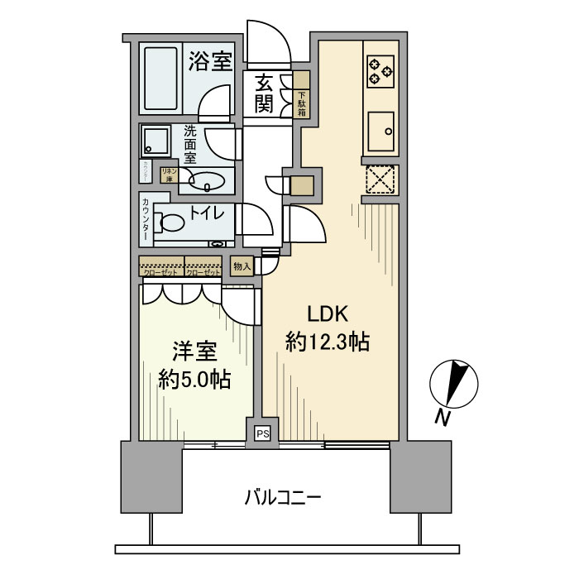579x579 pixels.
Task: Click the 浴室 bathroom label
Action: [209, 61]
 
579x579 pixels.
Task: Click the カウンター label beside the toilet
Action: [146, 218]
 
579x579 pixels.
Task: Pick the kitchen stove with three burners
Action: [380, 69]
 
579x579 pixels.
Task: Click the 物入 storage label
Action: [241, 266]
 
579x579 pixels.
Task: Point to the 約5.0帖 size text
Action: [194, 380]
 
